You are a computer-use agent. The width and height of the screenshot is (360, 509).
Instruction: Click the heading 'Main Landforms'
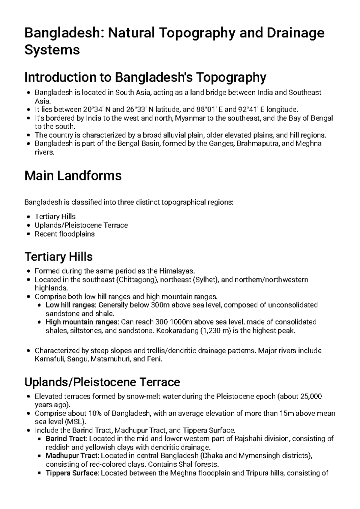73,176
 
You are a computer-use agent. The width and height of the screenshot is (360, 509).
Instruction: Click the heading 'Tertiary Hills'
58,257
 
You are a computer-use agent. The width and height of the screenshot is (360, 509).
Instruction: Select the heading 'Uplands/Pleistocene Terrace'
102,382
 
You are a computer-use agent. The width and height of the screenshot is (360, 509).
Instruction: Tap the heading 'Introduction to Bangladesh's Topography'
145,77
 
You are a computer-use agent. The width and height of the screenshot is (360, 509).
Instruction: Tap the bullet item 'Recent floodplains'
64,234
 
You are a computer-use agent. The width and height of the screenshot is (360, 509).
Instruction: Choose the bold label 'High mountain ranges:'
82,322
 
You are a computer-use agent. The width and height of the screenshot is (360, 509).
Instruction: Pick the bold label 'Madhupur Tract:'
72,456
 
